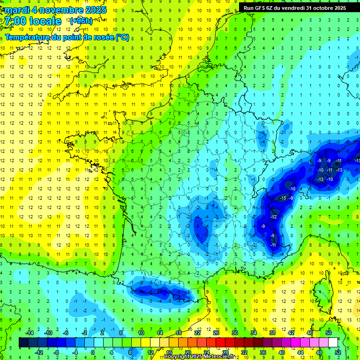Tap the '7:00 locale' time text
tap(33, 22)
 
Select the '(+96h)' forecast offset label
tap(81, 21)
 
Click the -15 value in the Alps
tap(283, 198)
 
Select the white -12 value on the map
tap(273, 217)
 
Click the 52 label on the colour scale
tap(337, 352)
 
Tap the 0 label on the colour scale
tap(92, 352)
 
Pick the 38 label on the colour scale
tap(272, 333)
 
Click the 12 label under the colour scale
tap(150, 352)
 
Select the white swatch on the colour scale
tap(333, 343)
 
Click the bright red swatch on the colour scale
tap(220, 343)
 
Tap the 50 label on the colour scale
tap(328, 333)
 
